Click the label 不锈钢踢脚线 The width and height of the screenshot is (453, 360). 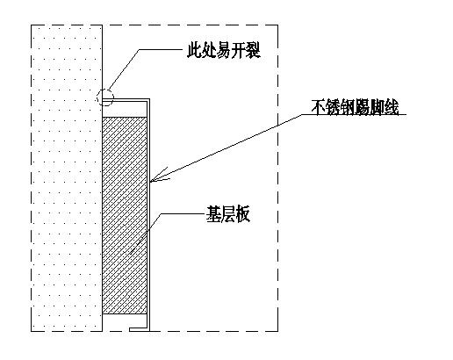coord(356,111)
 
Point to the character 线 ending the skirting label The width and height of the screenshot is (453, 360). coord(395,111)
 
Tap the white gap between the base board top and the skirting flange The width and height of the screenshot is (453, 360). coord(126,109)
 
